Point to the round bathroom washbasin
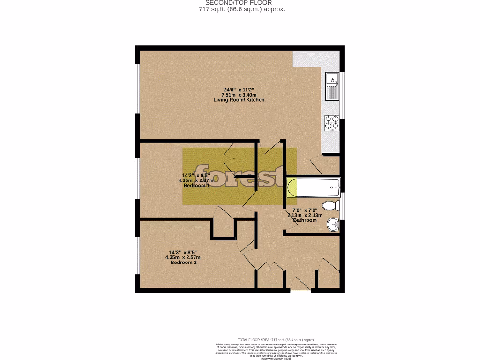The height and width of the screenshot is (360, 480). tap(334, 224)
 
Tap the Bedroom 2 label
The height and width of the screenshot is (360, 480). tap(183, 262)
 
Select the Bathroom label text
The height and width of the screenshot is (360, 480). tap(305, 220)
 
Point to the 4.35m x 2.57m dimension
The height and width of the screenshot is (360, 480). tap(183, 257)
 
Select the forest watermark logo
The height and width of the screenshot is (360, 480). tap(240, 176)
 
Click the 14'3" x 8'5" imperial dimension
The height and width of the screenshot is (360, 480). tap(183, 252)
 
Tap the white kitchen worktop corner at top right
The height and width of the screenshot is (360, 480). tap(317, 58)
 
